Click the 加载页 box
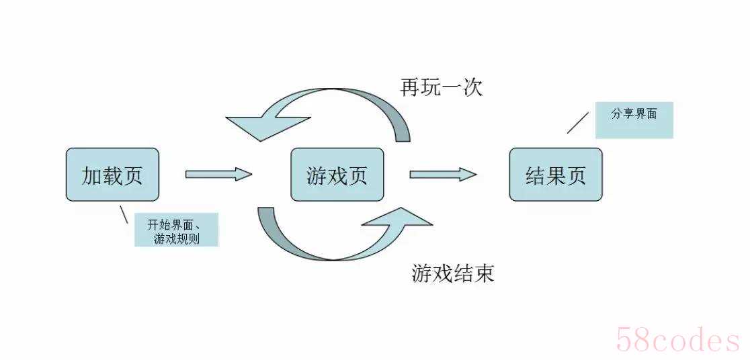pos(112,174)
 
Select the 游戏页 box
pos(337,174)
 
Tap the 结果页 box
pos(556,174)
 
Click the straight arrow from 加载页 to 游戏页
pos(218,174)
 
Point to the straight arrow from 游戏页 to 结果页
pos(443,174)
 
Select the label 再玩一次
pos(441,87)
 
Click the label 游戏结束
pos(452,273)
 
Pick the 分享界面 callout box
pos(634,120)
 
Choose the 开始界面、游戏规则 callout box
pos(177,230)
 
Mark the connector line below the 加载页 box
pos(124,214)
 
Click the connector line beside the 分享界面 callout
pos(578,123)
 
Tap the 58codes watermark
pos(679,341)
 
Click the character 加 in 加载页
pos(91,175)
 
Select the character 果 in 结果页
pos(556,175)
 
